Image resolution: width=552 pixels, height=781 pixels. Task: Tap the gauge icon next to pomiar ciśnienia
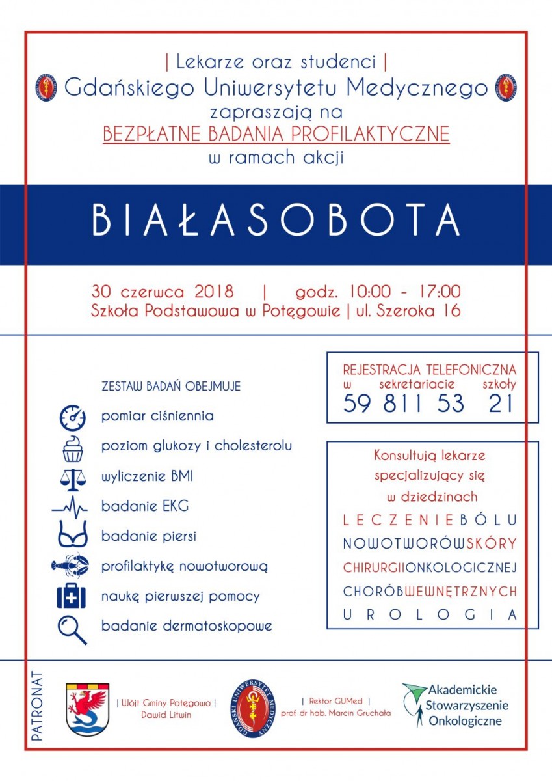pos(72,417)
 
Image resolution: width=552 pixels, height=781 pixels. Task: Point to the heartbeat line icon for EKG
pos(70,506)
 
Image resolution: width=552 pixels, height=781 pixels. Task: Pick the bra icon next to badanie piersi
pos(72,536)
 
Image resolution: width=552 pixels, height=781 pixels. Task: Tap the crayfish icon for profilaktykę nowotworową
pos(70,565)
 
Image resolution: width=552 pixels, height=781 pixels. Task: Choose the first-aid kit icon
pos(72,596)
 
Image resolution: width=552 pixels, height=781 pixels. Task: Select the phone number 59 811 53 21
pos(428,404)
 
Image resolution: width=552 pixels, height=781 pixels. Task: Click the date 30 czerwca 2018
pos(163,291)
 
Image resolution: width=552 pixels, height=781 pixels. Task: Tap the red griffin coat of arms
pos(88,709)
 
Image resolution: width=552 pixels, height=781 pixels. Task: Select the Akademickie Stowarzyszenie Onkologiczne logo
pos(456,705)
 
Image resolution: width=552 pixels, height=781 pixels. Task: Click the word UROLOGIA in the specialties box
pos(430,614)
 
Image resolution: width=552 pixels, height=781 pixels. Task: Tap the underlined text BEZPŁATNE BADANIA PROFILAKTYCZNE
pos(276,134)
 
